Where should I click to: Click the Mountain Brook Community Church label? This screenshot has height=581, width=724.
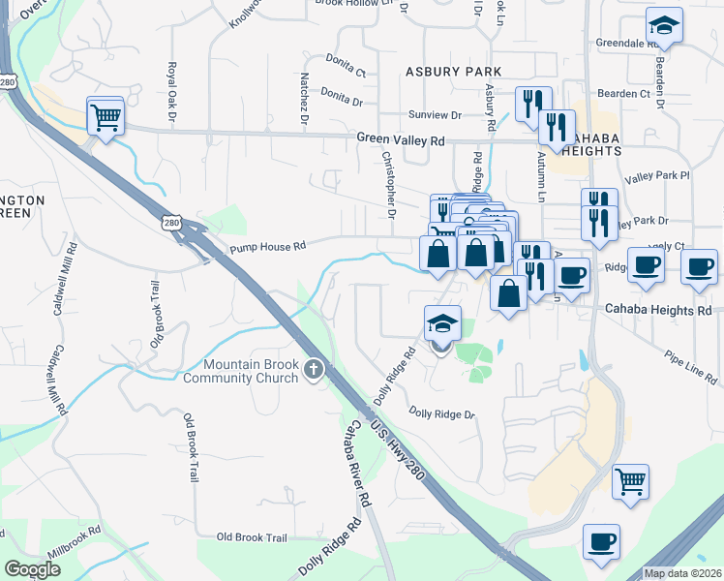[250, 371]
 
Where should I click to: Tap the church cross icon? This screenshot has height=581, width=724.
[313, 369]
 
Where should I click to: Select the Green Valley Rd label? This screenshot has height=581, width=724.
[400, 140]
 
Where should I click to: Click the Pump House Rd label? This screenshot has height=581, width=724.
[267, 248]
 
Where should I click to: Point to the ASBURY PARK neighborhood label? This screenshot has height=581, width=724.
[454, 72]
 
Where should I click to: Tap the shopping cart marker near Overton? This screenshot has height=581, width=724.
[106, 118]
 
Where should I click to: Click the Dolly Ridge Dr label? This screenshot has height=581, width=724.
[442, 414]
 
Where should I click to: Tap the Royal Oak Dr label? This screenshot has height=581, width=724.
[171, 91]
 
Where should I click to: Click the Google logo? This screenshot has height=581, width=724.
[32, 569]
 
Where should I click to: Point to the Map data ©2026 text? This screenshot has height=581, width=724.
[681, 573]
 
